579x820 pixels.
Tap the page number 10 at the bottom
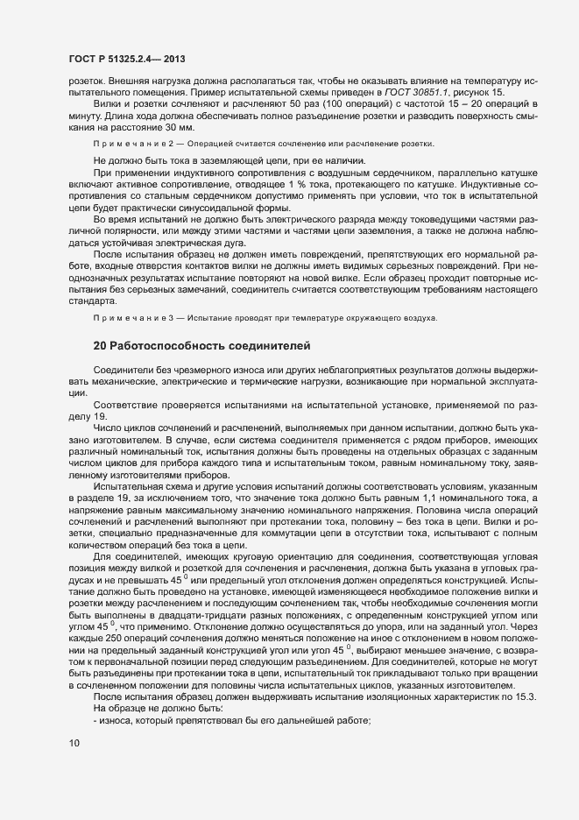[x=74, y=744]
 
